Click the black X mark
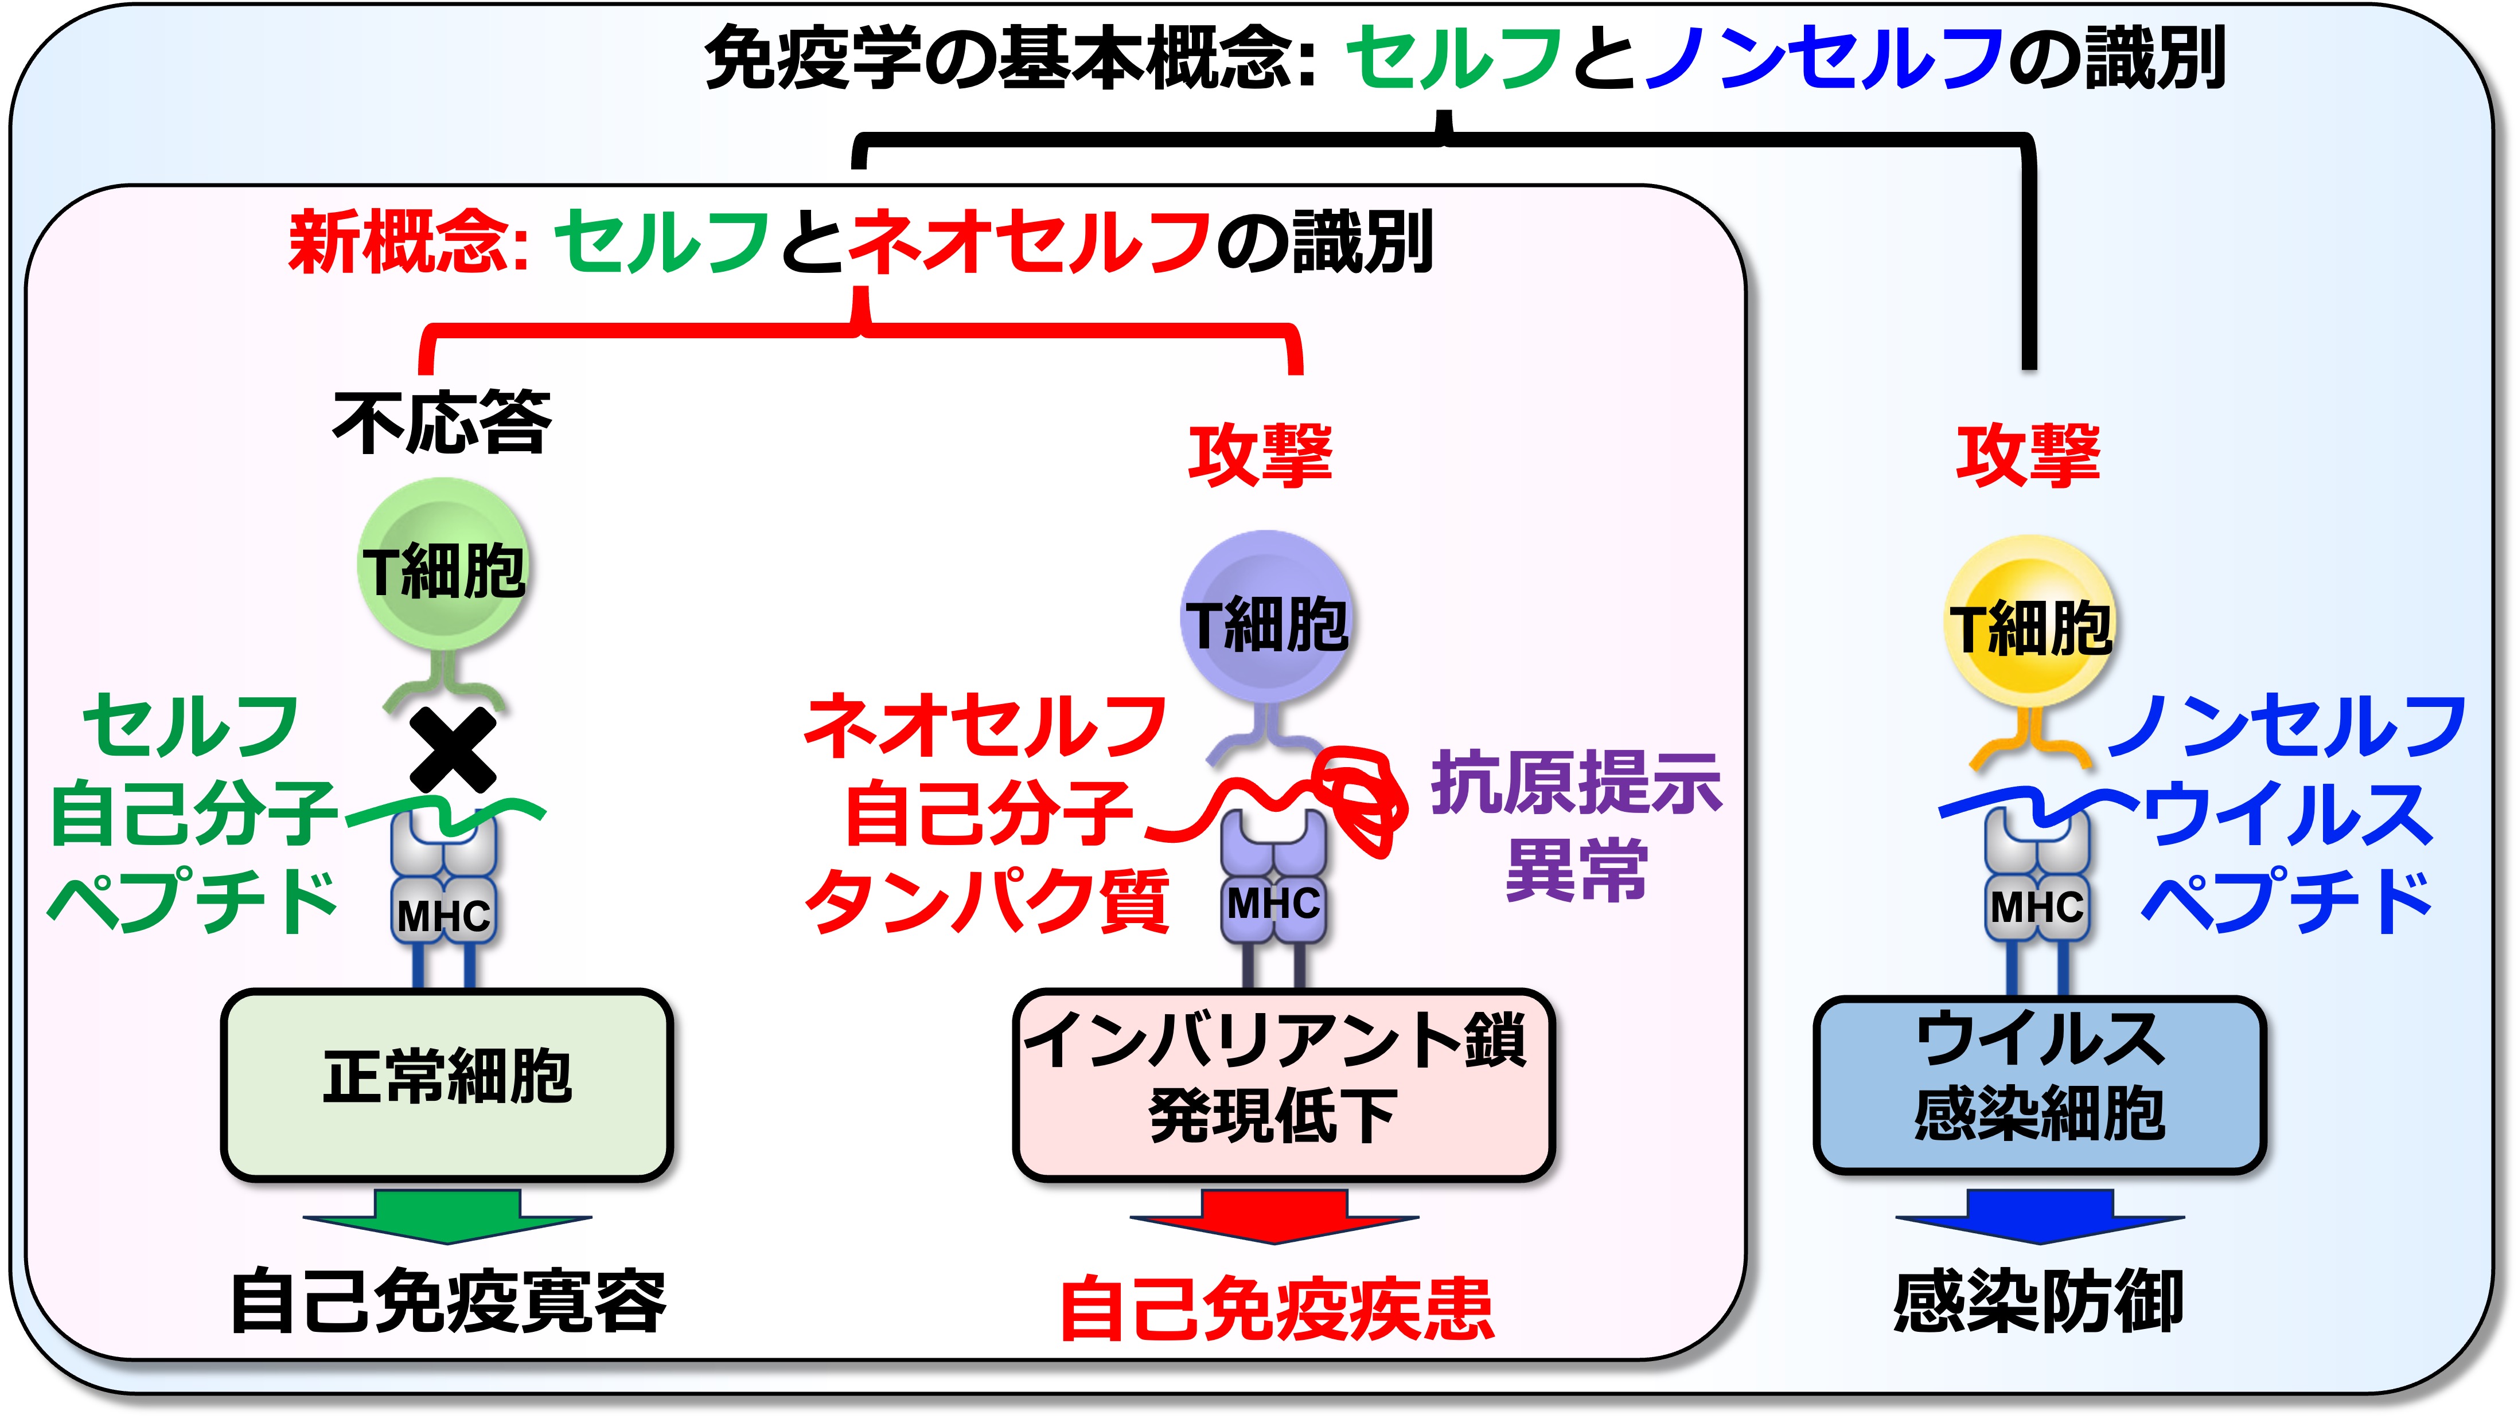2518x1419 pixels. (x=453, y=750)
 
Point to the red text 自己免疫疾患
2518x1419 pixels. (x=1277, y=1308)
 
